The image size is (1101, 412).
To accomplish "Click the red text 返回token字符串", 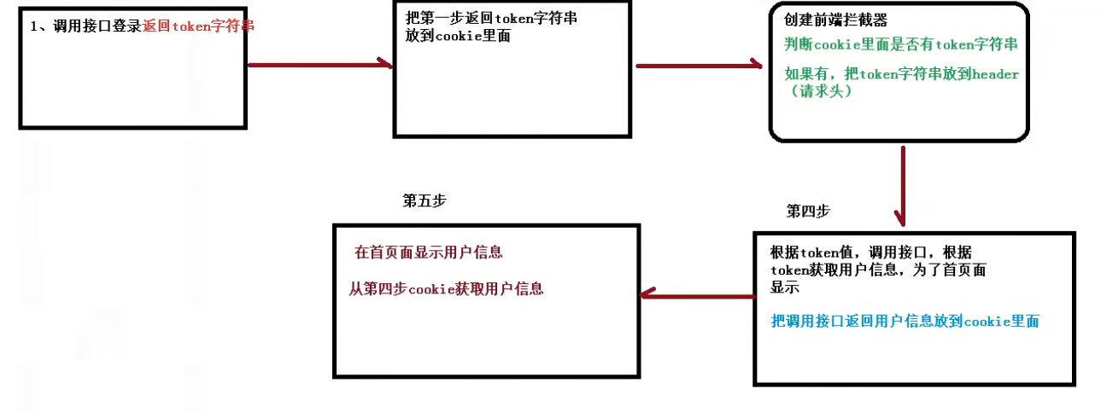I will [200, 26].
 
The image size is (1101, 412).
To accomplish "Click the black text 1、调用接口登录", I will [86, 26].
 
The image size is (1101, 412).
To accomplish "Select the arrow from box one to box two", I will [319, 64].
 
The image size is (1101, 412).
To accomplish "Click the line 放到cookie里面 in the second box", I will [458, 37].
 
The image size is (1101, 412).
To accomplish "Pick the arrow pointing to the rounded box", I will [699, 64].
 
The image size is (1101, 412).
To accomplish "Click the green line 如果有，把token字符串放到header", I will [901, 75].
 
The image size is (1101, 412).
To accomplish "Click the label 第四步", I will [808, 211].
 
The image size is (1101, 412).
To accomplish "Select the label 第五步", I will [424, 200].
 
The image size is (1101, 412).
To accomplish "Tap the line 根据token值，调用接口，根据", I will [870, 253].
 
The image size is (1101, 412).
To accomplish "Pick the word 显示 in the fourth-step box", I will [785, 287].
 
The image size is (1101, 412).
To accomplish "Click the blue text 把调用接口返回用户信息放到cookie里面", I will [905, 322].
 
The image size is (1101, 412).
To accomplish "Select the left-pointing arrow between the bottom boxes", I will [697, 293].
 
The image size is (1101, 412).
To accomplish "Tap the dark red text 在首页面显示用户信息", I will [428, 252].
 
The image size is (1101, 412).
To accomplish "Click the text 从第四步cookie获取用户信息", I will [445, 289].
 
